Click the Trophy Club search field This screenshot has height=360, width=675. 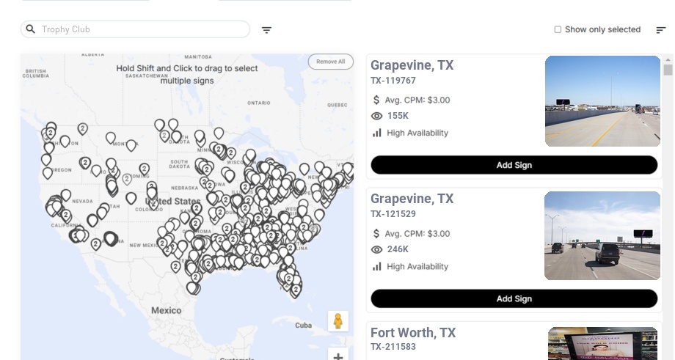point(139,29)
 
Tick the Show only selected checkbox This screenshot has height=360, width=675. point(558,30)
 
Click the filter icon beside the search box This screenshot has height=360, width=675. point(267,30)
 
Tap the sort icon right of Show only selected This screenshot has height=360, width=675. point(660,30)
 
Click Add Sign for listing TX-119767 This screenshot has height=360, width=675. point(514,165)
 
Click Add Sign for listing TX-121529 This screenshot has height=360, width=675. point(514,298)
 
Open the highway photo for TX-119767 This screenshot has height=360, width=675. point(602,101)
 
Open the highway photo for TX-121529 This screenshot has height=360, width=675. point(602,235)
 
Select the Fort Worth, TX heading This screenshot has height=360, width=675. point(413,333)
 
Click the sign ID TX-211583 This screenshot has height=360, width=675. point(393,347)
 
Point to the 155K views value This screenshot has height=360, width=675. point(398,116)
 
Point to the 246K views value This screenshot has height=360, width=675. point(398,249)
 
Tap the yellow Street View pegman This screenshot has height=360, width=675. point(337,321)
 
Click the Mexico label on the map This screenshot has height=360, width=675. point(166,310)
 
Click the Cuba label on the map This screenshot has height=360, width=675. point(303,325)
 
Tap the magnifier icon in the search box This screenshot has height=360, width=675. point(31,29)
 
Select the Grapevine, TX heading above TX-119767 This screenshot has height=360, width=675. point(412,65)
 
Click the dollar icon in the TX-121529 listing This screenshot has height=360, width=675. point(376,234)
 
